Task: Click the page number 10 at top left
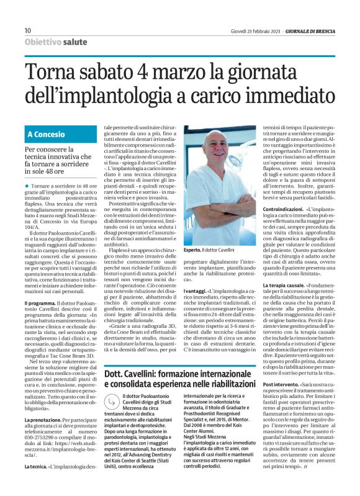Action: click(27, 30)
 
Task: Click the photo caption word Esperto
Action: click(193, 249)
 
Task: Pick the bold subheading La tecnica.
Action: click(36, 481)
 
